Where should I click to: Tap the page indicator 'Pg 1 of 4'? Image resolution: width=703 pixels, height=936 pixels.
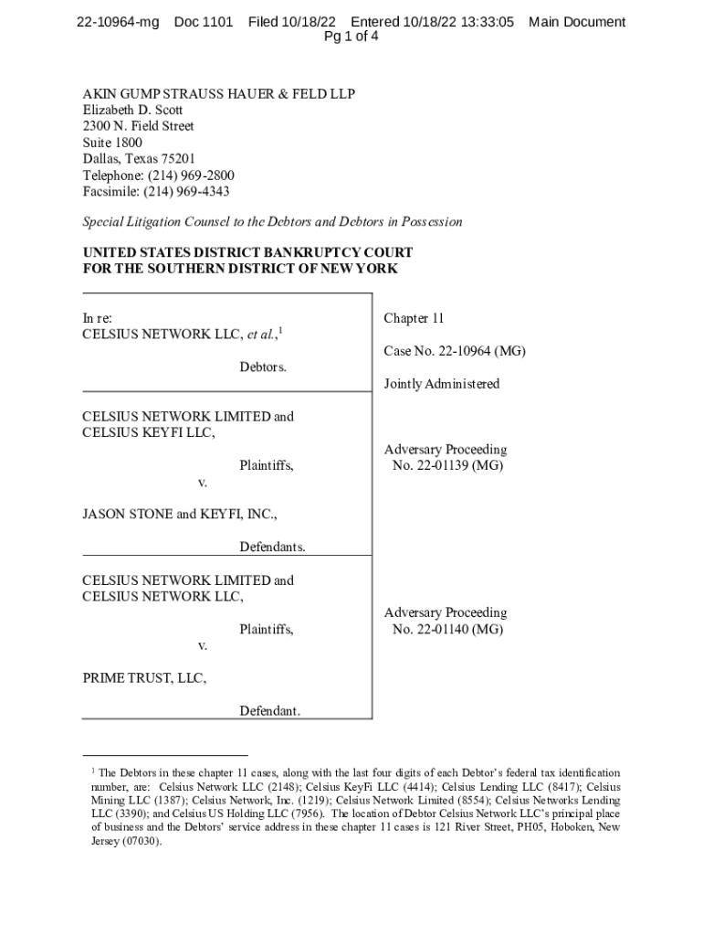click(x=351, y=37)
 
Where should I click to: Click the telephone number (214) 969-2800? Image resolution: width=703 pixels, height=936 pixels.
click(x=192, y=175)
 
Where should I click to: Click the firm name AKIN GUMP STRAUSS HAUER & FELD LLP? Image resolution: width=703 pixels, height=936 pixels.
click(x=219, y=93)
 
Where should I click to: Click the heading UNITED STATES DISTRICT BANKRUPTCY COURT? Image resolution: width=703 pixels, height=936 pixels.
click(x=247, y=252)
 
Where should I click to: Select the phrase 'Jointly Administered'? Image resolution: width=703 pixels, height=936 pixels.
click(x=442, y=384)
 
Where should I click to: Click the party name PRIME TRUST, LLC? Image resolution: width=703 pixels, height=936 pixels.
click(x=144, y=679)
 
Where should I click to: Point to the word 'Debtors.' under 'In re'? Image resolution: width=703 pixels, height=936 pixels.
click(x=263, y=367)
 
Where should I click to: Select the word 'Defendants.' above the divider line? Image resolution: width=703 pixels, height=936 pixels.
click(x=272, y=548)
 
